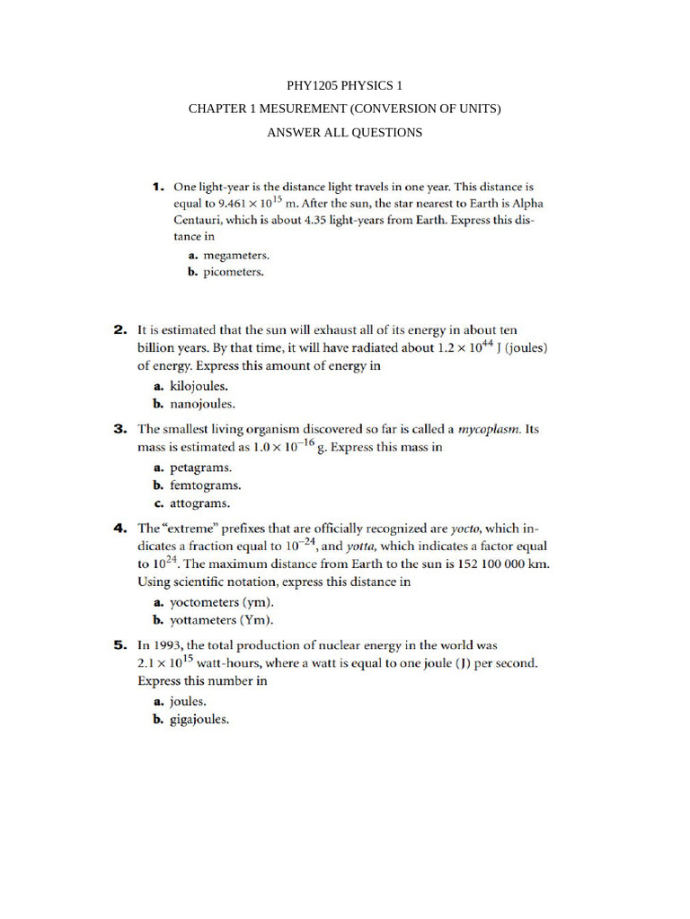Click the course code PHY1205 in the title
click(x=311, y=86)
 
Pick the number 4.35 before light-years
click(x=377, y=220)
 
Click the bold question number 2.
click(x=120, y=330)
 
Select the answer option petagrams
click(x=188, y=468)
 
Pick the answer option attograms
click(x=187, y=503)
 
